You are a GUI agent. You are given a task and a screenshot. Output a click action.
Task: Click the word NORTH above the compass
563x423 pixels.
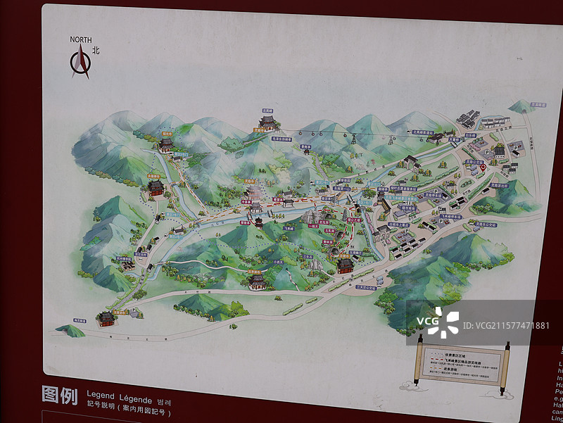point(82,39)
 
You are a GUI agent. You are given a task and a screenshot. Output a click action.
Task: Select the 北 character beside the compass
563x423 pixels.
point(96,50)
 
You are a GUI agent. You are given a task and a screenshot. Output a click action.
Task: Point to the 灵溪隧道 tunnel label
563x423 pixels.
point(538,105)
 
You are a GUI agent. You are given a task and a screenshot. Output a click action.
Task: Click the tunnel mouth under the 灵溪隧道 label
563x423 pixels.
point(521,108)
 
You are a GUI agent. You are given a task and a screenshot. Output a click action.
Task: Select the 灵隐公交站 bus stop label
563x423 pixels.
point(472,160)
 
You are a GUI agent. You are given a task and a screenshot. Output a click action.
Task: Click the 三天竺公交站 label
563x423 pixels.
point(366,287)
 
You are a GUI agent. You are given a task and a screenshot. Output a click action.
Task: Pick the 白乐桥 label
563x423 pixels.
point(471,134)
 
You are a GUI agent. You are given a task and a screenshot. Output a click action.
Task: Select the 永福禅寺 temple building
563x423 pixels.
point(156,187)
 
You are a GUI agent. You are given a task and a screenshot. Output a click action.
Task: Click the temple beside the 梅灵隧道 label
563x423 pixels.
point(106,319)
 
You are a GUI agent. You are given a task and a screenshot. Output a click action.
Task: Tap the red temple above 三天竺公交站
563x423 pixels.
point(345,265)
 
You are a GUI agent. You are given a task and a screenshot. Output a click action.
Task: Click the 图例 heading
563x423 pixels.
point(59,396)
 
